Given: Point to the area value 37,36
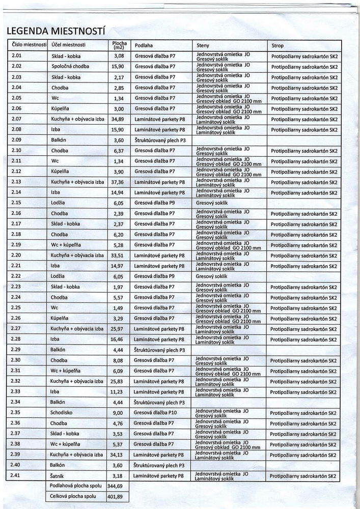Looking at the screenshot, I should click(x=119, y=182).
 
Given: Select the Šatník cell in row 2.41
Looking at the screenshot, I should click(x=59, y=475).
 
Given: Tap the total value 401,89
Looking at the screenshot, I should click(x=119, y=496).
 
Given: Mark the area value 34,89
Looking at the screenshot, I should click(x=119, y=119).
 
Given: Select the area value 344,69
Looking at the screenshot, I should click(x=119, y=486).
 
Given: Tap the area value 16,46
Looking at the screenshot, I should click(x=119, y=339).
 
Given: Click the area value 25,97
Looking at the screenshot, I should click(x=119, y=328).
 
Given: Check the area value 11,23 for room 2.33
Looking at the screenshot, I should click(x=119, y=391).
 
